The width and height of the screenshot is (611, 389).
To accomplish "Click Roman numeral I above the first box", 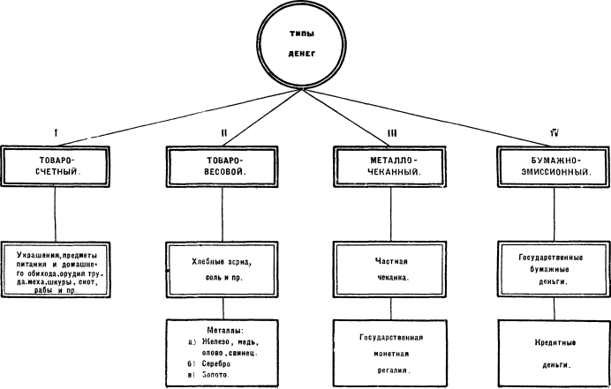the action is (57, 133).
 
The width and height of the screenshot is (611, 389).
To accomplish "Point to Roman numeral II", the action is (223, 133).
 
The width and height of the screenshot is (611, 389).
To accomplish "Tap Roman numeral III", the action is (392, 133).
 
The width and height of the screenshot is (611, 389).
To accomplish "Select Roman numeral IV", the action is (554, 133).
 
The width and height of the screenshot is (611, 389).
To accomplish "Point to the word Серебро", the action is (216, 363).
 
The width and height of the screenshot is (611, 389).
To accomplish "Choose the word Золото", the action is (215, 375).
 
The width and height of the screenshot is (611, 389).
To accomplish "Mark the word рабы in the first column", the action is (43, 290).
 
